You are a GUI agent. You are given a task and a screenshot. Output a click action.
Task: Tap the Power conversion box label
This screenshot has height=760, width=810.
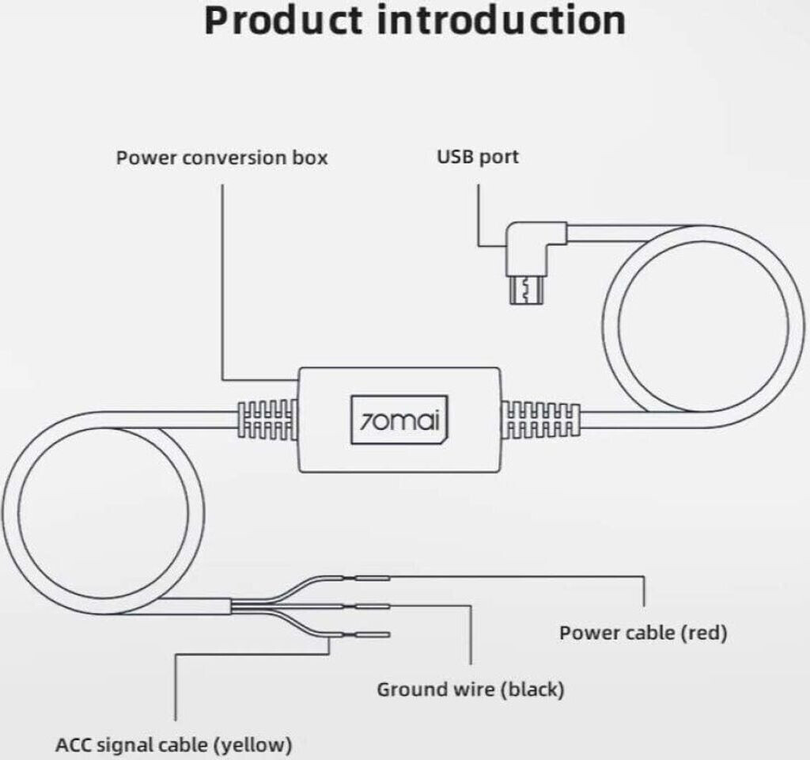pyautogui.click(x=221, y=157)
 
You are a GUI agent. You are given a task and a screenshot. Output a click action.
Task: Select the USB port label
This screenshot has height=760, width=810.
pyautogui.click(x=478, y=157)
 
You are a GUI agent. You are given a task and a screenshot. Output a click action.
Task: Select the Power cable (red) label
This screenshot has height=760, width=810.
pyautogui.click(x=642, y=633)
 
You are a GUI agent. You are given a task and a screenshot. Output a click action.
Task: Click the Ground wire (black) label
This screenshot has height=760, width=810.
pyautogui.click(x=470, y=690)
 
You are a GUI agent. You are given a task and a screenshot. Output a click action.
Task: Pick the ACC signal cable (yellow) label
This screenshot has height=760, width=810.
pyautogui.click(x=174, y=745)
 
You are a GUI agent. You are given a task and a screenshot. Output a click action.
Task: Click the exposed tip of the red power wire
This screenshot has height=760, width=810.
pyautogui.click(x=373, y=579)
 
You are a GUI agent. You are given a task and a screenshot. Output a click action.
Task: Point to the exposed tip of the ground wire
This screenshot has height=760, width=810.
pyautogui.click(x=373, y=607)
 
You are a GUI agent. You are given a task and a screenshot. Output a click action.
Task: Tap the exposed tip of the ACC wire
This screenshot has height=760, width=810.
pyautogui.click(x=373, y=634)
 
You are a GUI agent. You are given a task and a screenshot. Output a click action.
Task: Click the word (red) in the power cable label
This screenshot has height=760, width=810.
pyautogui.click(x=702, y=633)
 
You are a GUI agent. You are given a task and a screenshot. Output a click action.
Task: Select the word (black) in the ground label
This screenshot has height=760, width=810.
pyautogui.click(x=534, y=690)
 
